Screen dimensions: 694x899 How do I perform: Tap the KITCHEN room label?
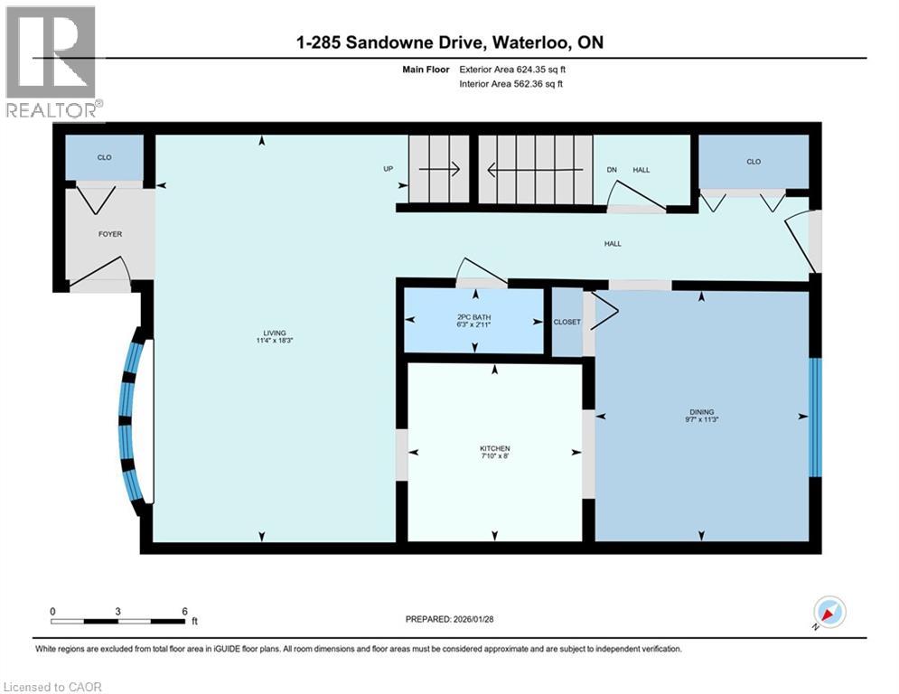pos(494,448)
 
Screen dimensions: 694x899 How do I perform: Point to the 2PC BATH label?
pos(473,316)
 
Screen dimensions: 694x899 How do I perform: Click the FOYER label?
pos(110,234)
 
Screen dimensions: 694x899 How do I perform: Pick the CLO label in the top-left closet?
pos(104,157)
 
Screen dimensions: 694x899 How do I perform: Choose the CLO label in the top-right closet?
pos(754,162)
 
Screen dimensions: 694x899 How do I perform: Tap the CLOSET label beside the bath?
pos(567,322)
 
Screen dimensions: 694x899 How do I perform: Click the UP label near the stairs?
pos(389,169)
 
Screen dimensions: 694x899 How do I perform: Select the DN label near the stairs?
pos(611,169)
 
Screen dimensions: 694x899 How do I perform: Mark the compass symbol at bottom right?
pos(829,613)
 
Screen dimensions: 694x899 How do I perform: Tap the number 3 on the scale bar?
pos(118,611)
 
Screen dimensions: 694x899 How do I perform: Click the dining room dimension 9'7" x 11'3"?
pos(701,418)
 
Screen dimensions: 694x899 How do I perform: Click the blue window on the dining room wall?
pos(815,417)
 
